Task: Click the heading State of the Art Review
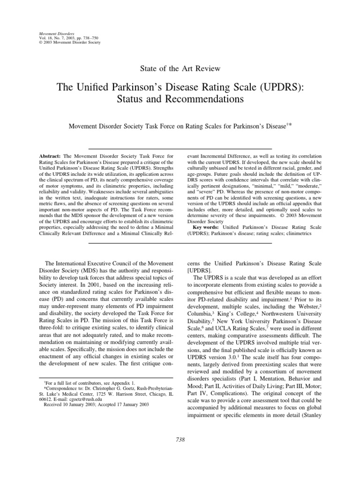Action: point(180,68)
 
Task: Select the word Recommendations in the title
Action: point(207,100)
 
